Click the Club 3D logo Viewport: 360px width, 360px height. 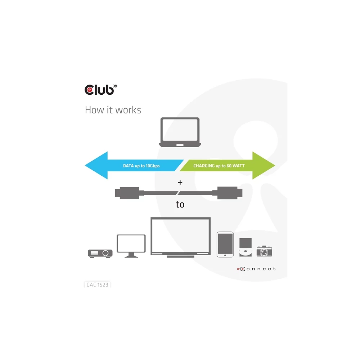coord(99,89)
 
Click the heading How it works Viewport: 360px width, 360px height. coord(113,110)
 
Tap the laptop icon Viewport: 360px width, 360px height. coord(180,132)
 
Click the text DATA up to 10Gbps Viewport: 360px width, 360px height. coord(141,166)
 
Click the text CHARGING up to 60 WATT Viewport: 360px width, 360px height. coord(219,166)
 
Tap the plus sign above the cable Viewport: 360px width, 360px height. coord(180,183)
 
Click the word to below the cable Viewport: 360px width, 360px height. coord(180,204)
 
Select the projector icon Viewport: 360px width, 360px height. coord(100,253)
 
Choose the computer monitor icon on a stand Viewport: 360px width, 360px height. coord(131,246)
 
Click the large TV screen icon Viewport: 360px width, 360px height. coord(180,237)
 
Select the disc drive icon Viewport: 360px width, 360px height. coord(246,248)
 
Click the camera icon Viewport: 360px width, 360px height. coord(264,251)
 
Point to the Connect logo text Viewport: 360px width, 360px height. coord(256,269)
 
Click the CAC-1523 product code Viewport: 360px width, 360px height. coord(97,284)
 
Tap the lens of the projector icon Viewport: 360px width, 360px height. coord(105,253)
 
